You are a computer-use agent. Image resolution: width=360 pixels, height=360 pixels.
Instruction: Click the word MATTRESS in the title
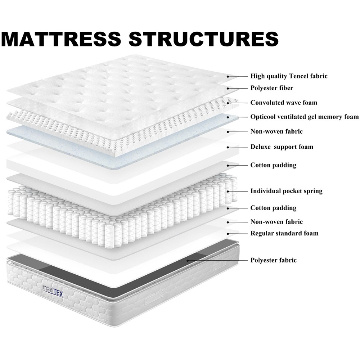61,39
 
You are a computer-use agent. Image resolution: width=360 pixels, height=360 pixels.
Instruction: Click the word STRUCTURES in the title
204,39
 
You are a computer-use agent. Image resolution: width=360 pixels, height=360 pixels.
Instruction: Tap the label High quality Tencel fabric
289,76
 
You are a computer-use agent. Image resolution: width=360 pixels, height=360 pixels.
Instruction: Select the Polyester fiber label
271,88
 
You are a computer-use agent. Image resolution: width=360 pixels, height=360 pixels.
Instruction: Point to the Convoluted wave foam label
284,102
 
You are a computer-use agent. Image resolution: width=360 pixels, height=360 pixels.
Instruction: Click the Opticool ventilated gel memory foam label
305,117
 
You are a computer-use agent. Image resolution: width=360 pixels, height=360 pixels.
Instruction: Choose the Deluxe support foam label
282,147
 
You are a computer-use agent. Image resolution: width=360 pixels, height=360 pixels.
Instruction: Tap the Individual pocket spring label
286,191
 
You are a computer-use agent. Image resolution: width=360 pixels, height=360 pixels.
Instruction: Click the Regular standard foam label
284,233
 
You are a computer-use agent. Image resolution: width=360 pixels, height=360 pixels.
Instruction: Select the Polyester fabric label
274,260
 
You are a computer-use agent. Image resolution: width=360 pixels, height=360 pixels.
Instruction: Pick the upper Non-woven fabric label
276,131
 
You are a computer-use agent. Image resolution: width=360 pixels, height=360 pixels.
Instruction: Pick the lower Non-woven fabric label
276,222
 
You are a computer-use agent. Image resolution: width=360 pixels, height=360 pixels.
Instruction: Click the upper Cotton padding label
273,165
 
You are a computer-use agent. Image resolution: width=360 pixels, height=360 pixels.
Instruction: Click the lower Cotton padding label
273,208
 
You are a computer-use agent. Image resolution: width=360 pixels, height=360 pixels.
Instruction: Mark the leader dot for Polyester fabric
188,261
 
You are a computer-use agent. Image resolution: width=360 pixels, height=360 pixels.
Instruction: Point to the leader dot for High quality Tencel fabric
228,76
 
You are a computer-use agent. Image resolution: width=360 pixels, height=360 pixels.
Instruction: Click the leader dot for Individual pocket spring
228,191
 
